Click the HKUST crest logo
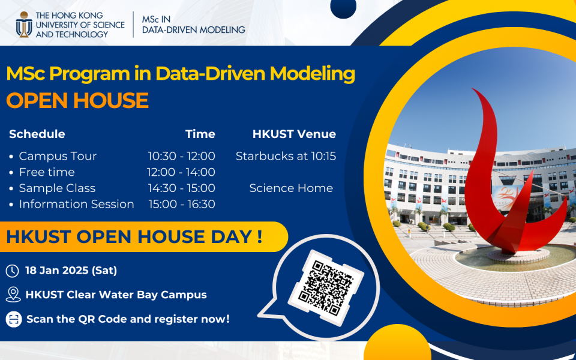(x=24, y=24)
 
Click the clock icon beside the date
(x=12, y=271)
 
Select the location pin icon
(x=13, y=295)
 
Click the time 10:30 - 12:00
(x=181, y=156)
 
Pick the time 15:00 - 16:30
(x=181, y=204)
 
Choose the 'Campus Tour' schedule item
(x=58, y=156)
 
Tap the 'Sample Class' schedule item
(x=57, y=188)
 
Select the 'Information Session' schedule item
(x=76, y=204)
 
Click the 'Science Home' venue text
(x=291, y=188)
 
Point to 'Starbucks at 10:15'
(x=286, y=156)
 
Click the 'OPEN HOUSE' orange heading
(x=77, y=100)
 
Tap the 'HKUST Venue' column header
(x=294, y=134)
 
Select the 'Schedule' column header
(x=37, y=134)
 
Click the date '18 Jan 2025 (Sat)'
(x=71, y=271)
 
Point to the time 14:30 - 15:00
(x=181, y=188)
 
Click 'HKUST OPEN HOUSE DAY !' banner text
(x=134, y=237)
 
